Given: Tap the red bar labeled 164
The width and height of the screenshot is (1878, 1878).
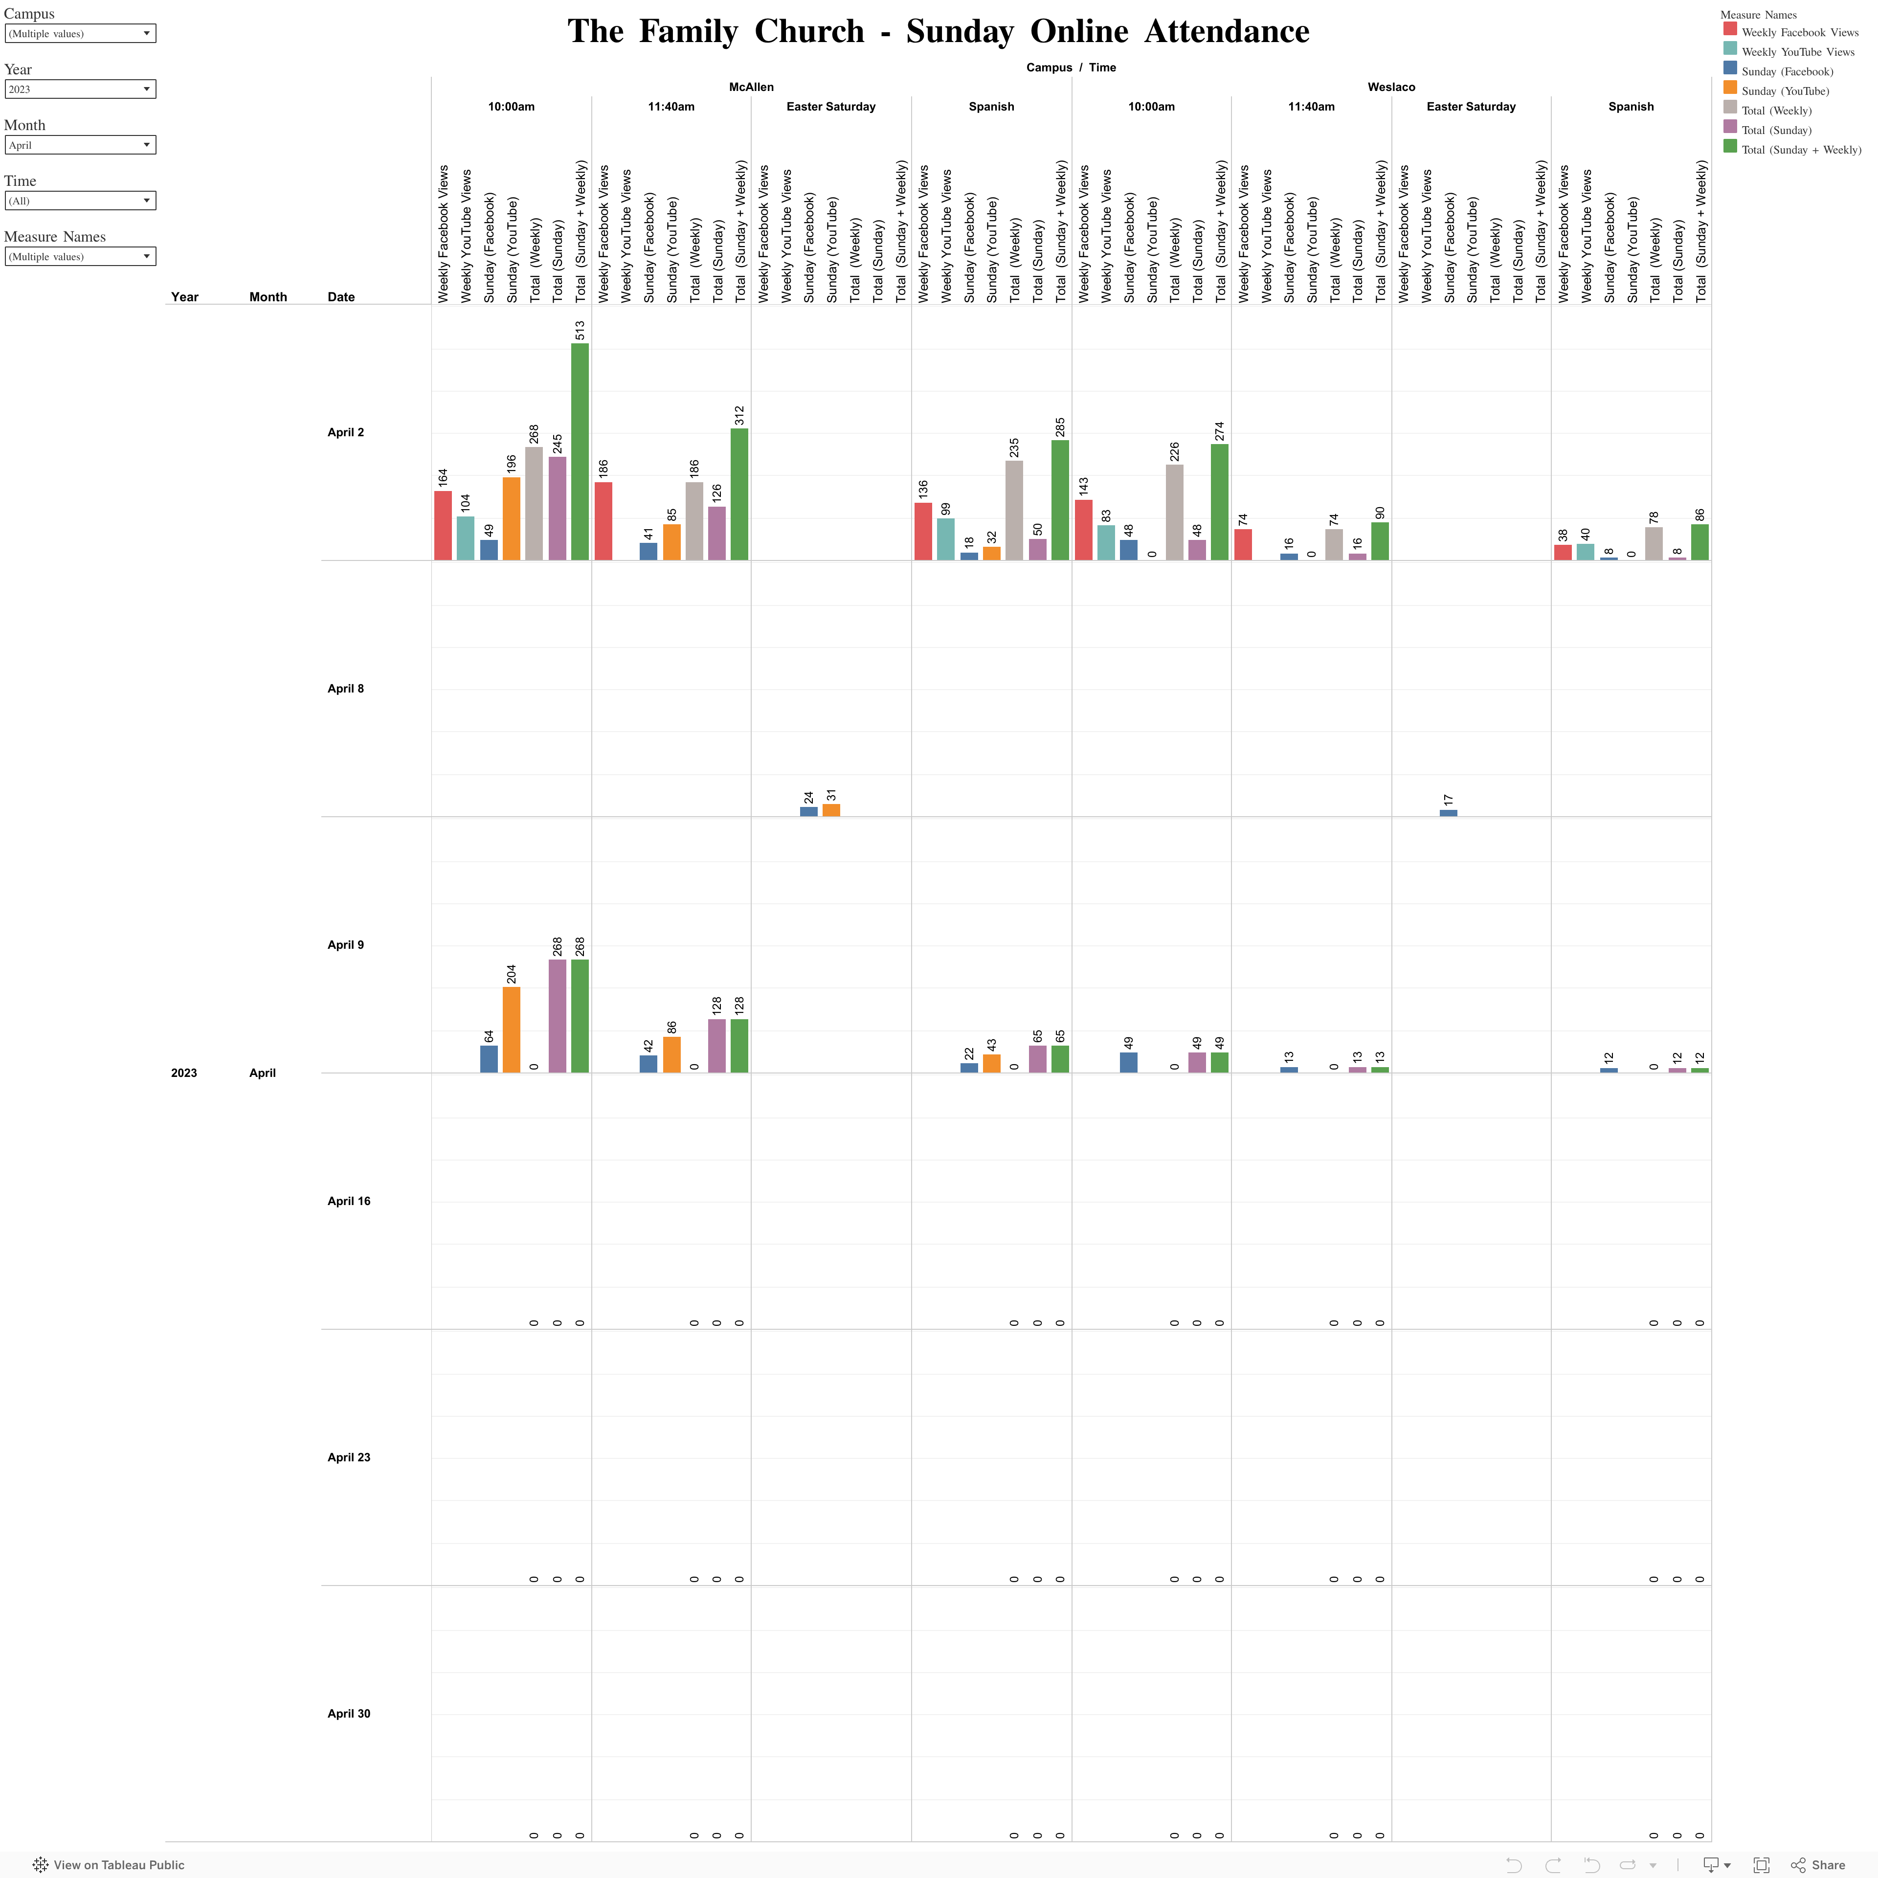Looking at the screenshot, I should click(x=442, y=525).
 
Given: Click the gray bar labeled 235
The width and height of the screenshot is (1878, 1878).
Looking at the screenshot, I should click(x=1014, y=510).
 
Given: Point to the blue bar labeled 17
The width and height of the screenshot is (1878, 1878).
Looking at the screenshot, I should click(x=1448, y=813).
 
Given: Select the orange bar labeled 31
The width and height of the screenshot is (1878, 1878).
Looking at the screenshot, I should click(x=831, y=810).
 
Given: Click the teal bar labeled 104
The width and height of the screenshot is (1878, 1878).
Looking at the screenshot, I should click(x=466, y=537).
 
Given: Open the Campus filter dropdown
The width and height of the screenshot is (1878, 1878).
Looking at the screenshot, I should click(x=80, y=33).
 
